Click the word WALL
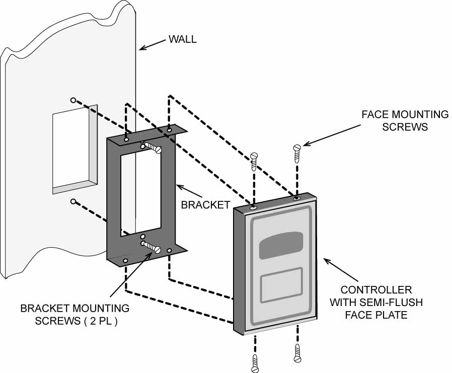183,39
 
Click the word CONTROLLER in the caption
376,290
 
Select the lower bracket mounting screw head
157,249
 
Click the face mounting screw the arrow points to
296,149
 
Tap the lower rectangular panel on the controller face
281,285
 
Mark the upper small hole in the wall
73,100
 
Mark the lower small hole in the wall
73,201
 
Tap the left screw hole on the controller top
254,206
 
